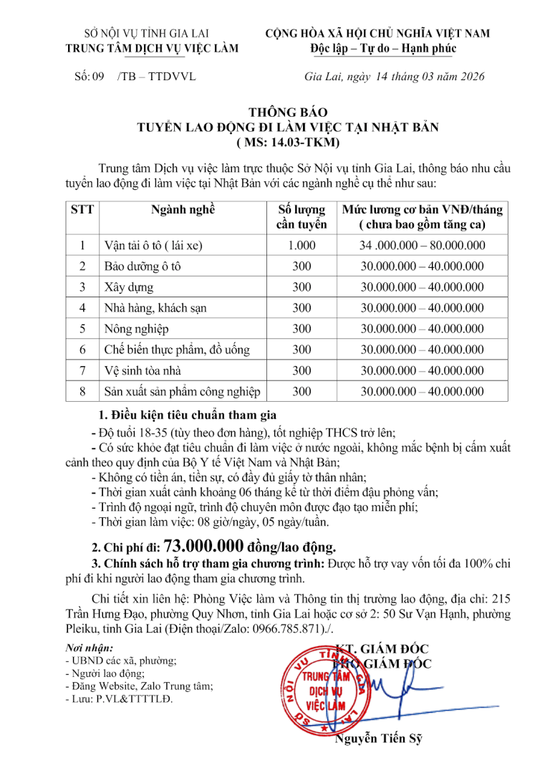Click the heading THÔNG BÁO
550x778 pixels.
coord(287,112)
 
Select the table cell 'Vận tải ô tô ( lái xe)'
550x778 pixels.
coord(154,245)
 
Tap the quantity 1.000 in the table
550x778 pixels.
coord(301,245)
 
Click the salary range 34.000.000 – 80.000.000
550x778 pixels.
coord(422,245)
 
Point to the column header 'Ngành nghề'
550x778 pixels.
coord(183,210)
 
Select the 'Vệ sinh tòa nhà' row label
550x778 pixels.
coord(143,370)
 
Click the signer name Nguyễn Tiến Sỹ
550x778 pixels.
coord(379,737)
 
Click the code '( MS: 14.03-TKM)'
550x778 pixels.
coord(287,142)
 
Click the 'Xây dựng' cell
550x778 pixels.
coord(129,287)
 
